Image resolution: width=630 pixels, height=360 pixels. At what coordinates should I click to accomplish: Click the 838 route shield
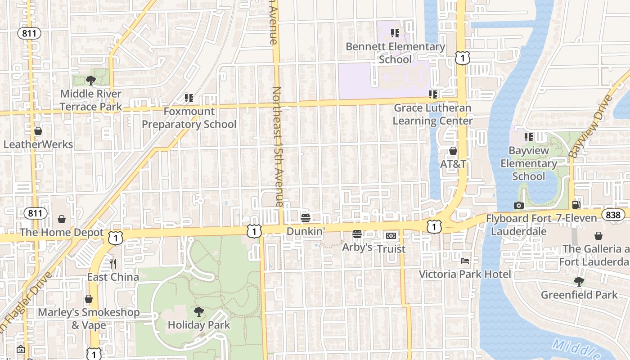coord(613,215)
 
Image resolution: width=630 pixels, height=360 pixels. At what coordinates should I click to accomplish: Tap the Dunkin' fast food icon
coord(306,219)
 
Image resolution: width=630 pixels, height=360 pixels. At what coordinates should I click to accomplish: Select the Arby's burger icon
coord(357,234)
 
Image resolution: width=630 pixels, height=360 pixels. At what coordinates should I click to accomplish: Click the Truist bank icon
coord(391,236)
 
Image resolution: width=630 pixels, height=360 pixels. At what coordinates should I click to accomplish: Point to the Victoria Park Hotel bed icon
coord(465,261)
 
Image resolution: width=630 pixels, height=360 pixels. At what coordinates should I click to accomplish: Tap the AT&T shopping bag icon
coord(453,151)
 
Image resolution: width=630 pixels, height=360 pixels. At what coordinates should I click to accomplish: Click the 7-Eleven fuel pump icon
coord(576,205)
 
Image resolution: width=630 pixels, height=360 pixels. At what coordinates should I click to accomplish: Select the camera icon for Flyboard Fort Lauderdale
coord(518,206)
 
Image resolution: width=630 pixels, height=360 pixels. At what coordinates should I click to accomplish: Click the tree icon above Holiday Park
coord(198,311)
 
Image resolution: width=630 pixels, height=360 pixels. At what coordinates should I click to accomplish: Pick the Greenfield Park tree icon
coord(579,282)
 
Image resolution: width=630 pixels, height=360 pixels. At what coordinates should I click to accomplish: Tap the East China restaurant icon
coord(113,264)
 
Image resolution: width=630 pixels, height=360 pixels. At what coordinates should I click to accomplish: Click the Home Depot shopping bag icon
coord(62,219)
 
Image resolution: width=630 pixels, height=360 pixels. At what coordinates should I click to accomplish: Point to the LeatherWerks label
coord(38,144)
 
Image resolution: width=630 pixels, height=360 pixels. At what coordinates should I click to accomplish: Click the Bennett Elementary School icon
coord(395,33)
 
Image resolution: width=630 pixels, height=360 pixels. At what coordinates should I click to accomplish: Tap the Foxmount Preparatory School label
coord(189,118)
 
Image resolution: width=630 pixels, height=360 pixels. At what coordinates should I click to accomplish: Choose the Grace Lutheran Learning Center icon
coord(433,94)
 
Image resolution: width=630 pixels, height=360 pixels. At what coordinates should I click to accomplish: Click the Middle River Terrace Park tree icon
coord(91,81)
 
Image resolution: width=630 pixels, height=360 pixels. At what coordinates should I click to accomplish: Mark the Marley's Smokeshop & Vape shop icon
coord(89,299)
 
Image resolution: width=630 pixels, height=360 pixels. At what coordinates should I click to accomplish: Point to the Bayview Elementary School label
coord(529,163)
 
